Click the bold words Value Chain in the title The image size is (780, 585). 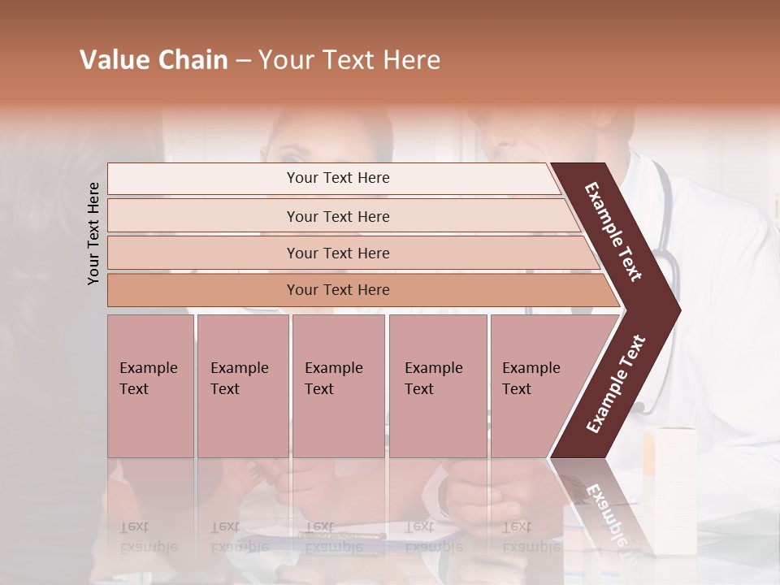(154, 60)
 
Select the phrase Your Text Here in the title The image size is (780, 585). (349, 60)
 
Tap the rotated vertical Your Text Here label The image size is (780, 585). (93, 233)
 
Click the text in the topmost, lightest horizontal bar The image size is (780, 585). (338, 178)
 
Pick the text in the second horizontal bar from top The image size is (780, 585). (338, 217)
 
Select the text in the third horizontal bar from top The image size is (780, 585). (338, 253)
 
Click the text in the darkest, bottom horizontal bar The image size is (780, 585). (338, 290)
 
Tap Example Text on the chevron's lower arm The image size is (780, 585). (616, 383)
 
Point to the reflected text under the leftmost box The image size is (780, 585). (148, 536)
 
